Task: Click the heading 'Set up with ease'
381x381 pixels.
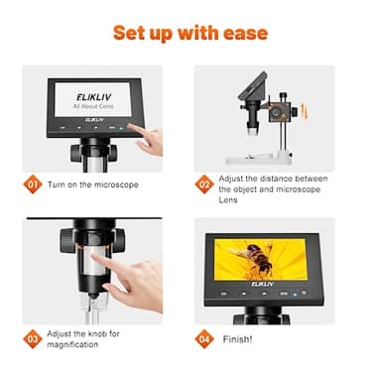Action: tap(190, 33)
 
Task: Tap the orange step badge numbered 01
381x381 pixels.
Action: tap(34, 184)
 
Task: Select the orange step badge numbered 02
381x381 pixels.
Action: tap(205, 184)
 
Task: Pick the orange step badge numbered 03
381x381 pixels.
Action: tap(34, 338)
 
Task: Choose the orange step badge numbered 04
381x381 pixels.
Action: tap(205, 338)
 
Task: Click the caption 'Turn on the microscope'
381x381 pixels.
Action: tap(95, 185)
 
